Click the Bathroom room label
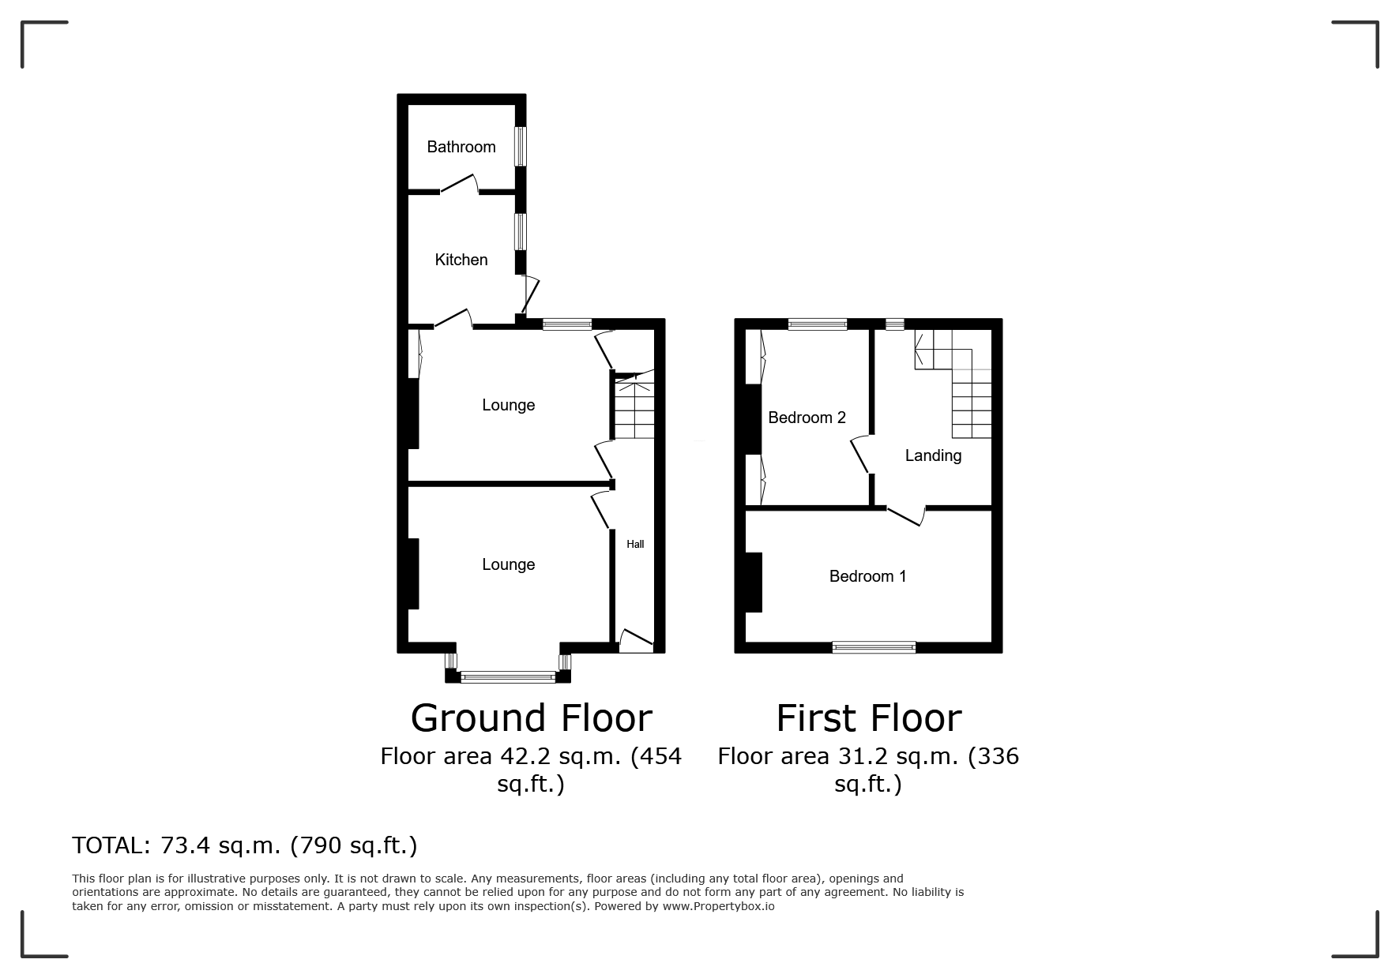(461, 147)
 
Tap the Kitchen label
(461, 260)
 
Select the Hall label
(635, 544)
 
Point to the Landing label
(933, 455)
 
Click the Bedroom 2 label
(807, 418)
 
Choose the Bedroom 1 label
(867, 576)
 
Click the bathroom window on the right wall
(521, 146)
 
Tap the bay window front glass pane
(508, 676)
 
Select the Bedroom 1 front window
(874, 648)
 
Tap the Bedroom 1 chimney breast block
(753, 582)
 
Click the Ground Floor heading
(531, 718)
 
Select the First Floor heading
(868, 718)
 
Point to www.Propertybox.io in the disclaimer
(718, 906)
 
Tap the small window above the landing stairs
(894, 324)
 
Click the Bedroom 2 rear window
(818, 324)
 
